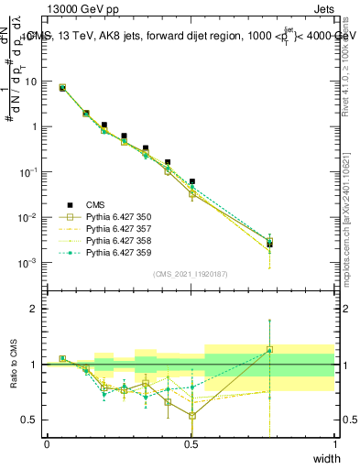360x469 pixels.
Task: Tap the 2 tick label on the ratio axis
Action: coord(36,310)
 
